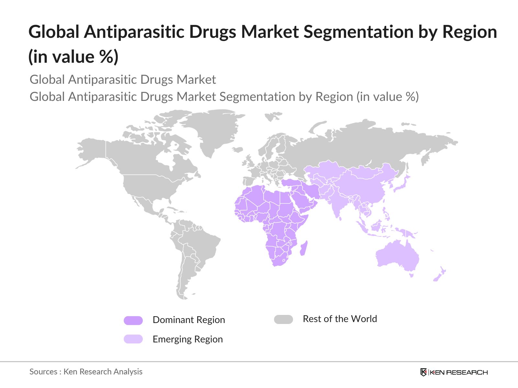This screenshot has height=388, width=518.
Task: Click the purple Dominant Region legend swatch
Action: click(133, 320)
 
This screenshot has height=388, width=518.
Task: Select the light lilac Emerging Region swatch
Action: click(133, 339)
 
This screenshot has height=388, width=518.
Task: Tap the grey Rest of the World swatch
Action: click(283, 319)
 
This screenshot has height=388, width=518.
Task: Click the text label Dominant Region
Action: click(188, 320)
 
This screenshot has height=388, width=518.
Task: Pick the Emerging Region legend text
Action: click(187, 339)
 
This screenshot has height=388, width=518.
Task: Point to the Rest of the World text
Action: click(340, 319)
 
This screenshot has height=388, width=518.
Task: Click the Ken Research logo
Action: click(454, 372)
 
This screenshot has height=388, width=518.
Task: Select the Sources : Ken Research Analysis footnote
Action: click(86, 372)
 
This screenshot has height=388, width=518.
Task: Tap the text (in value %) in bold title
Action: click(73, 57)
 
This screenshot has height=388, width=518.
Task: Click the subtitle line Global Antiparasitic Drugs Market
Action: click(123, 80)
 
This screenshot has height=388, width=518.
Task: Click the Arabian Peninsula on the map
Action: click(304, 200)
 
